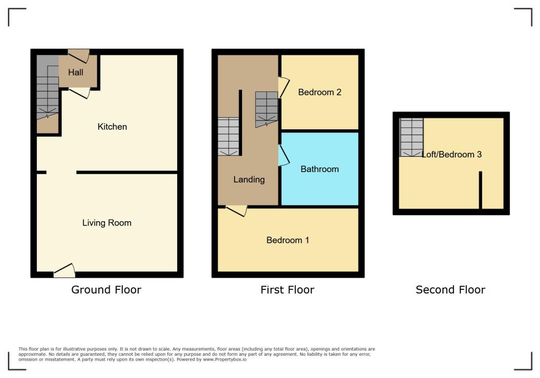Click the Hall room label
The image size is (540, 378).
(75, 72)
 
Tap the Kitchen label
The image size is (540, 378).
(112, 127)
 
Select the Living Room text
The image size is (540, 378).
(107, 223)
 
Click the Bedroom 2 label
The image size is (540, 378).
(320, 92)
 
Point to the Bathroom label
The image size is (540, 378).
(320, 169)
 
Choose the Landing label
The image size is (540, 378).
(249, 179)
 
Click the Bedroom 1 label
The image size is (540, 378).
(287, 240)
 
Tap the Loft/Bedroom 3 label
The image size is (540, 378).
(452, 155)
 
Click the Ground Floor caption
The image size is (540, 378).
(106, 289)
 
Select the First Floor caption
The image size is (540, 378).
(287, 289)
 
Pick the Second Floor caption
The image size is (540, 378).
(450, 289)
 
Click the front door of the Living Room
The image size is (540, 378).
(64, 270)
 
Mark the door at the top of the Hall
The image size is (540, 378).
(79, 55)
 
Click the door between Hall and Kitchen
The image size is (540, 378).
(79, 93)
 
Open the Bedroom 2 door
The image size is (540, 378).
(283, 88)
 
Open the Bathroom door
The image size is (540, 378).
(283, 156)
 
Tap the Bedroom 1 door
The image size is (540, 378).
(236, 210)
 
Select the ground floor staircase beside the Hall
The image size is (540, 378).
(47, 98)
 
